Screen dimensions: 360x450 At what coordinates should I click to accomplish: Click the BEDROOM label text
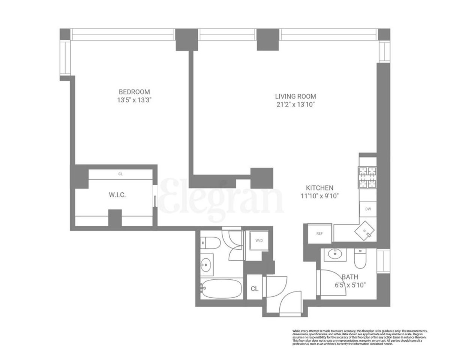(x=134, y=92)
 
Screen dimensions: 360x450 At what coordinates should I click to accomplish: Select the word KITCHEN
(x=319, y=188)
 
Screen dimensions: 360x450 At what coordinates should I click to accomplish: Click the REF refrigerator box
(x=319, y=234)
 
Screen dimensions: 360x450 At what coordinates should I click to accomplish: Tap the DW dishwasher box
(x=368, y=209)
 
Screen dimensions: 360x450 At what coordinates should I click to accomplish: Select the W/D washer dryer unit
(x=259, y=240)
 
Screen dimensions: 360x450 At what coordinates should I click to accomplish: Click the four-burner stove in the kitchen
(x=367, y=177)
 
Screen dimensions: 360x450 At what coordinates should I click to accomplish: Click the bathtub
(x=221, y=288)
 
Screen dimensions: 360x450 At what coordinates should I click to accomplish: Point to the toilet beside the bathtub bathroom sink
(x=208, y=243)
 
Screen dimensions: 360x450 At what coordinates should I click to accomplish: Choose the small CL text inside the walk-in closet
(x=120, y=174)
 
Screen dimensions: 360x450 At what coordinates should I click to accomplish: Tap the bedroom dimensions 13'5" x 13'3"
(x=134, y=100)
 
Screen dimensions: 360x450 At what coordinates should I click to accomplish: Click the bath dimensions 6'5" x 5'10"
(x=350, y=285)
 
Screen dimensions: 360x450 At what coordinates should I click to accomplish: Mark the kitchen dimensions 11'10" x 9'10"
(x=319, y=196)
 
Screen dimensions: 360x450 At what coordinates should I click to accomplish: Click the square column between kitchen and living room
(x=262, y=178)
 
